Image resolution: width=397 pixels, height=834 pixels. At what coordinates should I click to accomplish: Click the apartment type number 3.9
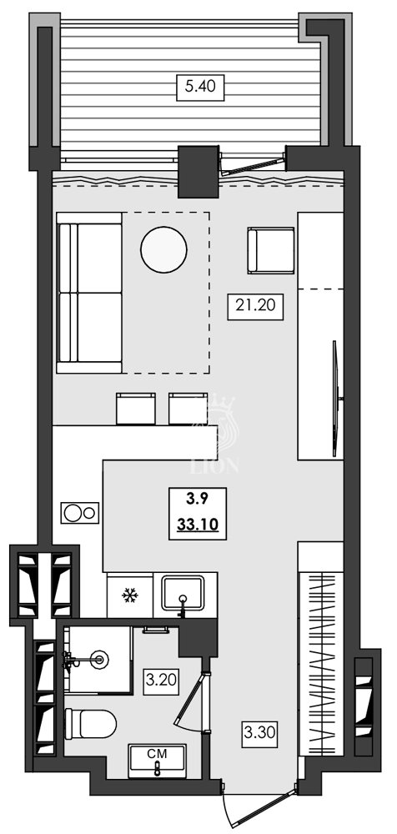tap(197, 500)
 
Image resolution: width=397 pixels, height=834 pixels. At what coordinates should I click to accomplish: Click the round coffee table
tap(164, 250)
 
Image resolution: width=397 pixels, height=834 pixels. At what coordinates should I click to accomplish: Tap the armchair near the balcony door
tap(271, 250)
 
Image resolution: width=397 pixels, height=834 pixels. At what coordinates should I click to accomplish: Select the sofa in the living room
tap(89, 292)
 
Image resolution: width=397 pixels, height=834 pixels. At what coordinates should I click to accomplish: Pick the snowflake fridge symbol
tap(129, 595)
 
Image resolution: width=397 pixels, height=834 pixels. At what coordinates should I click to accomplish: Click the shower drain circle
tap(102, 660)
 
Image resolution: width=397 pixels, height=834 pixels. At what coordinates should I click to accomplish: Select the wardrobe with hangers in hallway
tap(320, 659)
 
